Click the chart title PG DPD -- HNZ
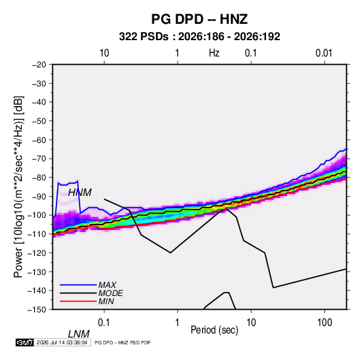tap(199, 19)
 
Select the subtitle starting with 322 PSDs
tap(199, 37)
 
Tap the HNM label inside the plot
tap(80, 193)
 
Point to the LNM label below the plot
tap(79, 334)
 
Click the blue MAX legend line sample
tap(78, 285)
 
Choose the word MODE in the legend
tap(110, 293)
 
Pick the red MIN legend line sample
tap(78, 301)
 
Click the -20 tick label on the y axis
tap(39, 65)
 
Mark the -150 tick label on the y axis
tap(37, 310)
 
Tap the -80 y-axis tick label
tap(39, 178)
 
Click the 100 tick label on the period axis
tap(325, 323)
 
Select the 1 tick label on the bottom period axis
tap(177, 323)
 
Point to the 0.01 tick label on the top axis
tap(324, 53)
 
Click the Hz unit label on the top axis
tap(214, 53)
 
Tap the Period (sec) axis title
tap(214, 330)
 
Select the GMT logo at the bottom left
tap(25, 342)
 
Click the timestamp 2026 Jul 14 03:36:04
tap(62, 342)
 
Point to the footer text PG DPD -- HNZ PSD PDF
tap(122, 342)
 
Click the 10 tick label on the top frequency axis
tap(104, 53)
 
